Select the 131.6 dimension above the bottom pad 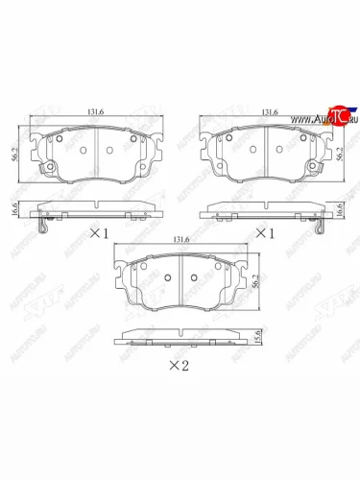click(180, 240)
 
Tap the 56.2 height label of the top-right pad click(347, 152)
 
